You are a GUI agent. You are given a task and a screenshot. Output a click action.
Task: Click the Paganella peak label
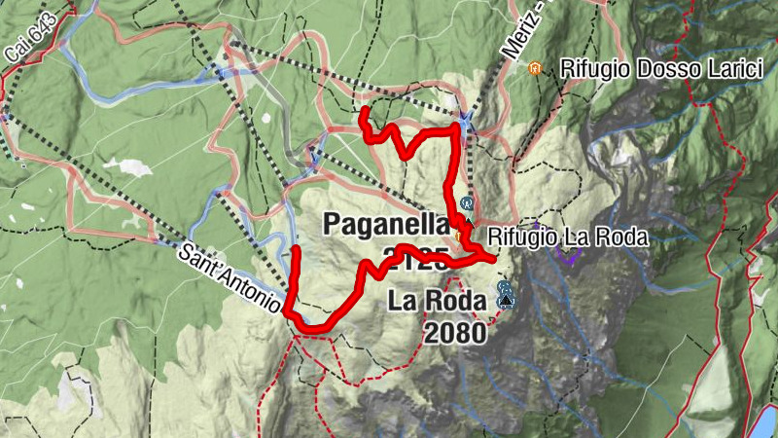click(383, 224)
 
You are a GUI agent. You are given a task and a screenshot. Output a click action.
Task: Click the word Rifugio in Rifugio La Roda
click(520, 237)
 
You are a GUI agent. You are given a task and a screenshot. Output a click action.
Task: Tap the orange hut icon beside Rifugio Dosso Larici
click(534, 68)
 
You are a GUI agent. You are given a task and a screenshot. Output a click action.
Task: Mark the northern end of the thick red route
click(363, 112)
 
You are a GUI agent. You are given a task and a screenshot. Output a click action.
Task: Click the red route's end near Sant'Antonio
click(295, 250)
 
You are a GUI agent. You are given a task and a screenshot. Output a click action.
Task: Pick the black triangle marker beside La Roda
click(504, 303)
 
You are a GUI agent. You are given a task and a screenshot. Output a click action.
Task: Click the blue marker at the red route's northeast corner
click(465, 119)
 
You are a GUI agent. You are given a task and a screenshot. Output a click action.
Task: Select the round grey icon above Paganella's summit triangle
click(467, 203)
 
